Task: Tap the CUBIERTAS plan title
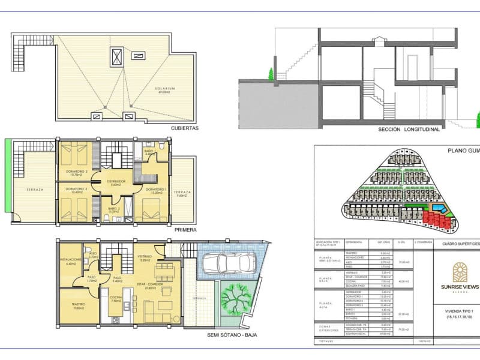point(184,128)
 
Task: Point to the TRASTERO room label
point(78,304)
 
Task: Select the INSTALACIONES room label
point(71,260)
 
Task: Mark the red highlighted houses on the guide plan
point(436,220)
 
